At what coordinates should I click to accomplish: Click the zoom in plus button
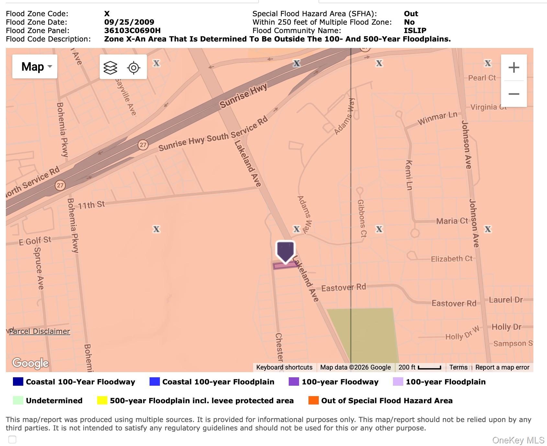(x=514, y=67)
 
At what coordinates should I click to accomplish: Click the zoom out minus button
(x=514, y=94)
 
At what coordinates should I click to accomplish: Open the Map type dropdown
(x=35, y=66)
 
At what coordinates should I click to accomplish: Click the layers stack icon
(x=110, y=67)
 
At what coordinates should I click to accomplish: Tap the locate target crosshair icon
(x=134, y=67)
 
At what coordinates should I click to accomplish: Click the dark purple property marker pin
(x=285, y=252)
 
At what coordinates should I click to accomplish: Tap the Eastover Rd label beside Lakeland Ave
(x=343, y=287)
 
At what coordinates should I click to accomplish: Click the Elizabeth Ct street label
(x=452, y=259)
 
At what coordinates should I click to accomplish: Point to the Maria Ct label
(x=452, y=221)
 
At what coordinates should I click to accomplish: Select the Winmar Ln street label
(x=437, y=119)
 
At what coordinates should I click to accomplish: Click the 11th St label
(x=91, y=205)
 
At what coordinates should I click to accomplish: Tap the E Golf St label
(x=35, y=241)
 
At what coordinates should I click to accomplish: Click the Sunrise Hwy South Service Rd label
(x=213, y=134)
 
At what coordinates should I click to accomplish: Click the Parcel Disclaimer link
(x=39, y=331)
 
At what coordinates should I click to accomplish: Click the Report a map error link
(x=502, y=367)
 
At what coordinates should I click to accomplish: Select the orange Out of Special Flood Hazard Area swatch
(x=313, y=400)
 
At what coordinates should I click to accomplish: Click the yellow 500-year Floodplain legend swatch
(x=102, y=400)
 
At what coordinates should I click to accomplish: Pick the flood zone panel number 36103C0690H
(x=132, y=30)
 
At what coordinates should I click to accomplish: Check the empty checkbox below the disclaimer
(x=12, y=440)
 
